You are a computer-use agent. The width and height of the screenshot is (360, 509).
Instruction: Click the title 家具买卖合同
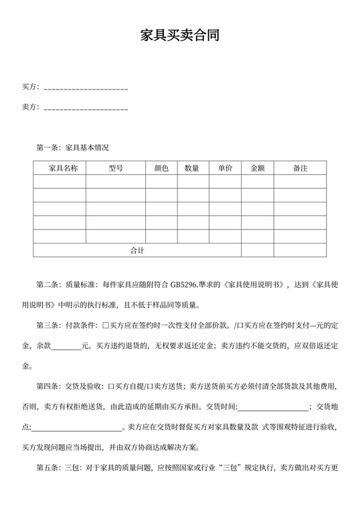(180, 36)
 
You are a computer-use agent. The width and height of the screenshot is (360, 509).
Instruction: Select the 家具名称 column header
(60, 168)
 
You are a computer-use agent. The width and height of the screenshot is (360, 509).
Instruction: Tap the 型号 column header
(116, 168)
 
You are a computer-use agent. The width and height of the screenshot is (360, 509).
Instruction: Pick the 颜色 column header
(161, 168)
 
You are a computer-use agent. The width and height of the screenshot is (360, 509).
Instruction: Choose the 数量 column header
(192, 168)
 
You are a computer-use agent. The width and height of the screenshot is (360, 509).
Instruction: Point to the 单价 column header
(225, 168)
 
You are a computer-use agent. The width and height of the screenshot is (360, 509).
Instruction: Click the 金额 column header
(257, 168)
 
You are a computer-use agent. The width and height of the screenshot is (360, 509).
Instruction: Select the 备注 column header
(300, 168)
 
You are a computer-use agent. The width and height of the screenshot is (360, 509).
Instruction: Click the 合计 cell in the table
(137, 250)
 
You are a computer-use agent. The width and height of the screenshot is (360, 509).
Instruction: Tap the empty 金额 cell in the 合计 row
(257, 250)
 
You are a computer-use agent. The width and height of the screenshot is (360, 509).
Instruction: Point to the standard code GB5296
(185, 285)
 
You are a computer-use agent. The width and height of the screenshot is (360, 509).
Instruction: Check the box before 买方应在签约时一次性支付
(106, 325)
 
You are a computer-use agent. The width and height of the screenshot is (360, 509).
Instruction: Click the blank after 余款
(66, 346)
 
